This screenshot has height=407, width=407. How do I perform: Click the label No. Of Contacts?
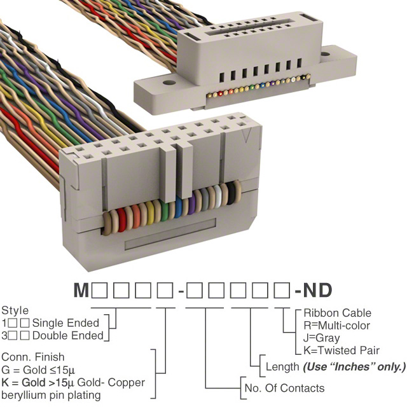[x=284, y=388]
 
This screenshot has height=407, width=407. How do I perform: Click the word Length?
[x=282, y=367]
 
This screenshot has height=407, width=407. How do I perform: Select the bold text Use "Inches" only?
[x=354, y=367]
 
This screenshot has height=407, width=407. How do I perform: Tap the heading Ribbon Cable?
[x=337, y=313]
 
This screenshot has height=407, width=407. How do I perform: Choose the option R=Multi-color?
[x=337, y=326]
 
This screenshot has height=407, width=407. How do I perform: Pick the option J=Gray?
[x=321, y=338]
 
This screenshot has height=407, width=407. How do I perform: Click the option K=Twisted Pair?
[x=341, y=350]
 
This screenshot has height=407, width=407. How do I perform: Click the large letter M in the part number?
[x=81, y=291]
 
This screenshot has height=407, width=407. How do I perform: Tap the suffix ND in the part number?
[x=318, y=291]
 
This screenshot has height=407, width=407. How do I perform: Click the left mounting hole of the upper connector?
[x=169, y=81]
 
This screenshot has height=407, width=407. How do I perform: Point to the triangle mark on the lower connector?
[x=252, y=135]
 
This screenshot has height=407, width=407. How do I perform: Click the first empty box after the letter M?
[x=100, y=291]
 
